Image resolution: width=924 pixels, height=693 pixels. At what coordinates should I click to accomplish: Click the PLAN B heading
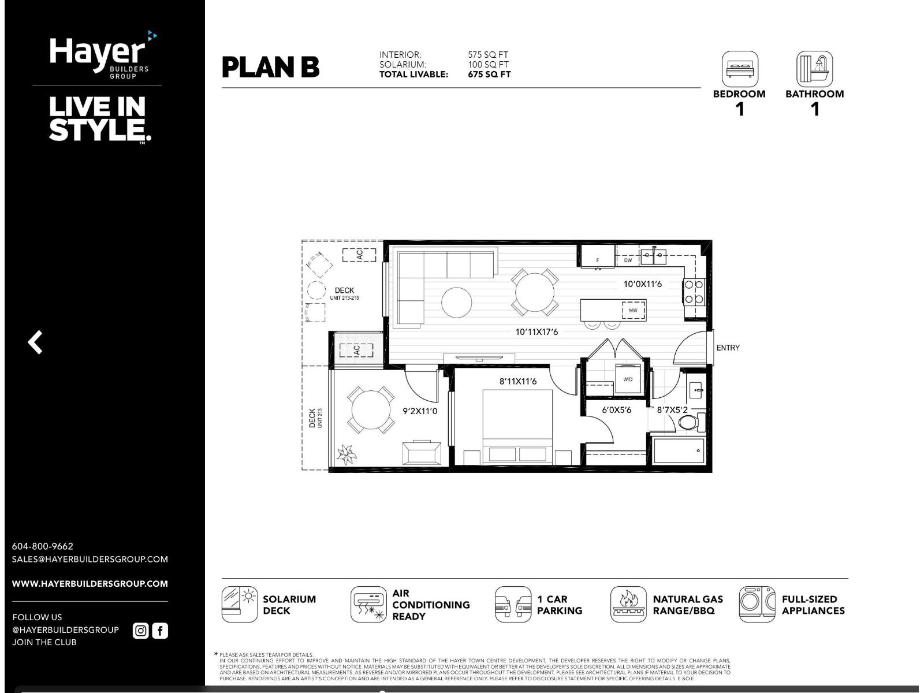[270, 67]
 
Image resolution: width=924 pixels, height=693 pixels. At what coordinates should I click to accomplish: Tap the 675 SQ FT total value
[489, 74]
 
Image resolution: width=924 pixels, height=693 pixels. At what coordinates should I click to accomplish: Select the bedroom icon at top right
[739, 69]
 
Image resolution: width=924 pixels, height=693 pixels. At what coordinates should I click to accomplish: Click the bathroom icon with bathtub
[814, 69]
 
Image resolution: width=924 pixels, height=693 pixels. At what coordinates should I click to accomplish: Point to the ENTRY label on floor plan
[728, 348]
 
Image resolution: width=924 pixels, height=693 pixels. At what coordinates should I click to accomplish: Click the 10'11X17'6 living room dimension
[536, 332]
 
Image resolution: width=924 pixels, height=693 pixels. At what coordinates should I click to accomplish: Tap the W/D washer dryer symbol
[628, 379]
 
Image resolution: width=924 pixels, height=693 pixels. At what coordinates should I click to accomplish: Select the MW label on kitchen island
[633, 311]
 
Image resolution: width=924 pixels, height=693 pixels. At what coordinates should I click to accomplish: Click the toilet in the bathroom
[691, 422]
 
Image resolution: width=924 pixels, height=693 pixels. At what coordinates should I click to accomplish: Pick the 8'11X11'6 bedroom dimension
[518, 381]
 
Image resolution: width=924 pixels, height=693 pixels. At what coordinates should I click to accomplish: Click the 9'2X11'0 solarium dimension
[420, 411]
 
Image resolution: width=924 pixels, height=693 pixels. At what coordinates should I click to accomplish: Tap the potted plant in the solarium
[346, 454]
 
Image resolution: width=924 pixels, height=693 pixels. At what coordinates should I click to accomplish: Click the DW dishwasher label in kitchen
[628, 260]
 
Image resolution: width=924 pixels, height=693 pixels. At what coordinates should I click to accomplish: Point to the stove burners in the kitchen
[694, 292]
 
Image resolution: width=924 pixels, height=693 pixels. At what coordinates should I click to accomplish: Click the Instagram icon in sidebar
[140, 631]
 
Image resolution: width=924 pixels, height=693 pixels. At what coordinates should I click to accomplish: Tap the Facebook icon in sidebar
[160, 631]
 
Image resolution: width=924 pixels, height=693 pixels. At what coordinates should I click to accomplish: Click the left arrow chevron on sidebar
[35, 342]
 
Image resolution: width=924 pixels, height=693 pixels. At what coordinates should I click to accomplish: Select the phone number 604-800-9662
[43, 546]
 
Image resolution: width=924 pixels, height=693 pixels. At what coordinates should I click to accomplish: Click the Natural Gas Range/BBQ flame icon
[628, 605]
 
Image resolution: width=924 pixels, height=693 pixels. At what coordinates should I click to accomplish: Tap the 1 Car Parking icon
[513, 605]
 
